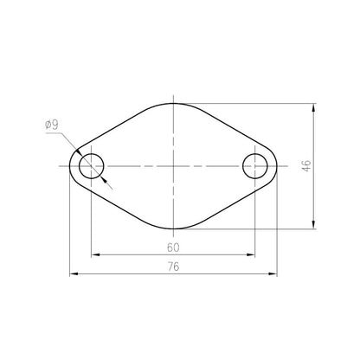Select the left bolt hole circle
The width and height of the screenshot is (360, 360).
(x=91, y=165)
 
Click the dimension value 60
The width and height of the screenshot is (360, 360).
(x=174, y=247)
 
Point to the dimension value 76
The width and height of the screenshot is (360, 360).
(x=174, y=267)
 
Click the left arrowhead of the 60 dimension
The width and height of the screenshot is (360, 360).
(x=94, y=255)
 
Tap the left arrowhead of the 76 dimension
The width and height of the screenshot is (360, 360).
(x=73, y=276)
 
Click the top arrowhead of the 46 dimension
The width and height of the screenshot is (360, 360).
(x=312, y=108)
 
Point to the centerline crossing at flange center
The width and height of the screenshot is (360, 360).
(x=173, y=165)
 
